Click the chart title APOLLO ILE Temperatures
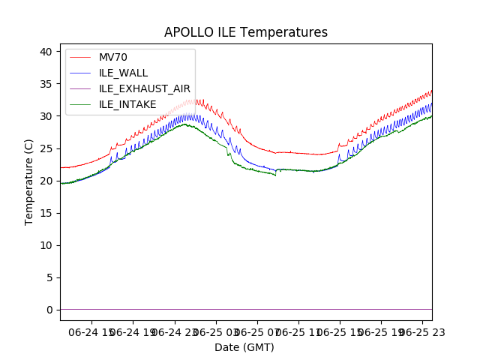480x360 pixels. tap(246, 33)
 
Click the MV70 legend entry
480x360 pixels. tap(113, 57)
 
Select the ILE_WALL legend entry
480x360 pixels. tap(123, 73)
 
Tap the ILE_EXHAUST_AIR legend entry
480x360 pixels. tap(145, 88)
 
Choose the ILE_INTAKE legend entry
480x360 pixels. tap(127, 104)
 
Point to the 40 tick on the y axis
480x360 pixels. tap(46, 52)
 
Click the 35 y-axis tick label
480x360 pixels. tap(46, 84)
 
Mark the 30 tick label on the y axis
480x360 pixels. tap(46, 116)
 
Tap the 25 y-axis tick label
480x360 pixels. tap(46, 148)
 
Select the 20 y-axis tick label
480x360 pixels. tap(46, 181)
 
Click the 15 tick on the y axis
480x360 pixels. tap(46, 213)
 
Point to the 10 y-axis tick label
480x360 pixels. tap(46, 245)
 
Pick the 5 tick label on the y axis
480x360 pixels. tap(49, 277)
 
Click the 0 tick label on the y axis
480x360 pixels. tap(49, 310)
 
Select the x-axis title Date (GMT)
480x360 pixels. tap(244, 347)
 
